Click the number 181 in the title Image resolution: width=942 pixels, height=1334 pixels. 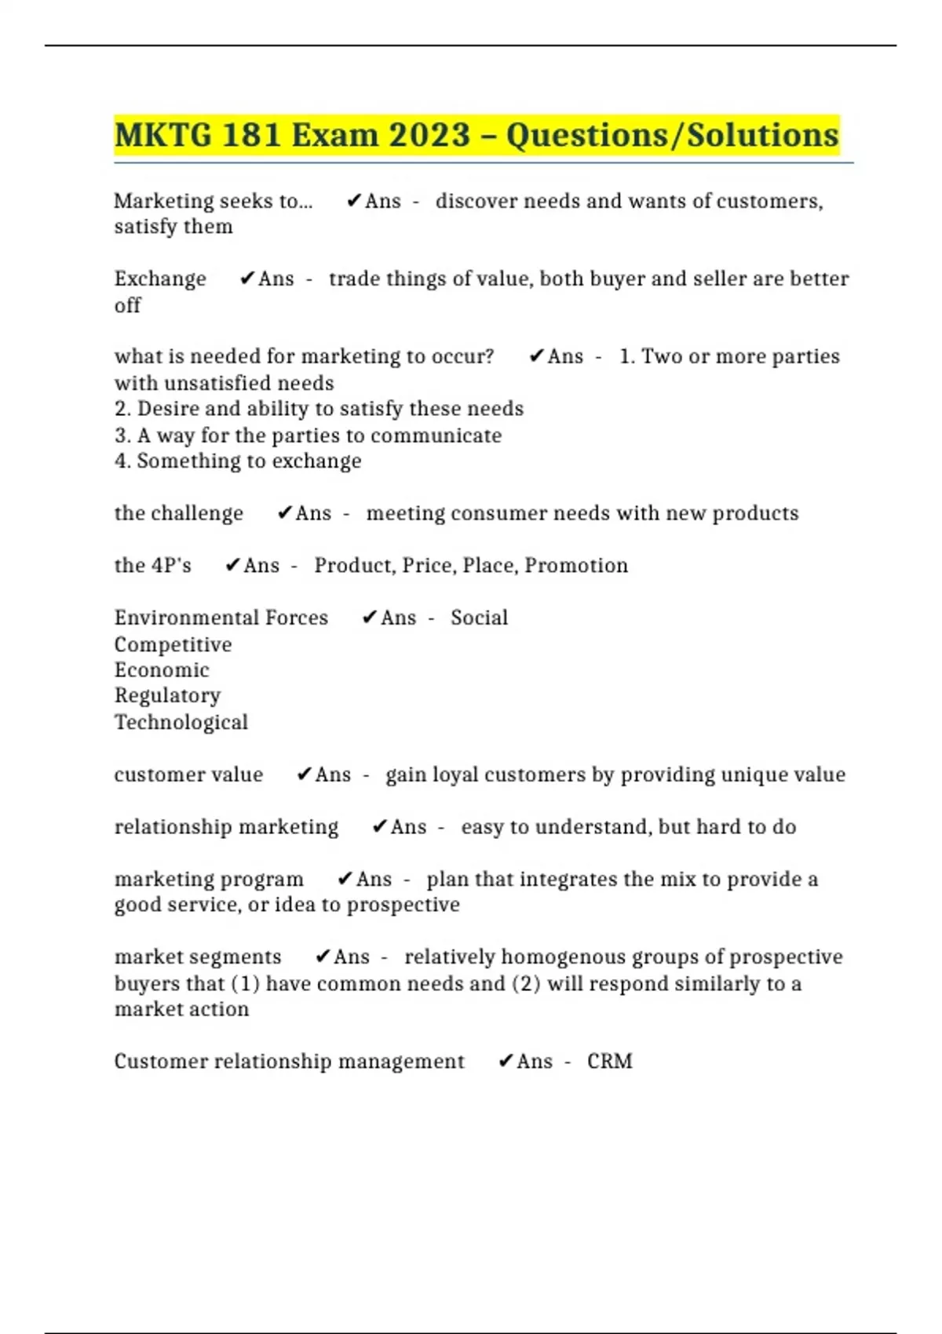(x=251, y=135)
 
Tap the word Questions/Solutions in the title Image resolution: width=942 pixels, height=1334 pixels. (x=673, y=135)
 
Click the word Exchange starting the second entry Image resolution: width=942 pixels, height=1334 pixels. (x=160, y=279)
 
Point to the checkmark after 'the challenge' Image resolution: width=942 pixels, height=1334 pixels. (x=285, y=513)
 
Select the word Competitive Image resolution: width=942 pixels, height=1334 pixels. (x=173, y=644)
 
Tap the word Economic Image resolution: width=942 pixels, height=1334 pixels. (x=162, y=670)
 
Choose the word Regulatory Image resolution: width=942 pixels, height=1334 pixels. (x=167, y=696)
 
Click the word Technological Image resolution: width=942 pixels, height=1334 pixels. (x=181, y=722)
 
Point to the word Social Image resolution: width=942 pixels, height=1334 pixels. (x=479, y=618)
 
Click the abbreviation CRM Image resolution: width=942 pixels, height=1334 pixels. (x=609, y=1061)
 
